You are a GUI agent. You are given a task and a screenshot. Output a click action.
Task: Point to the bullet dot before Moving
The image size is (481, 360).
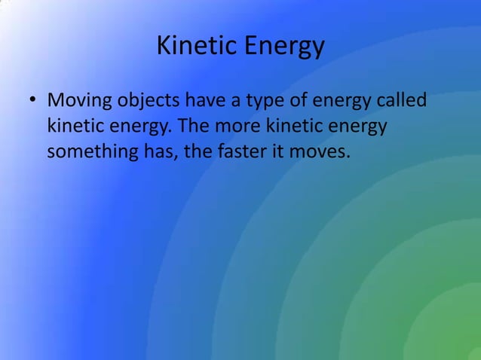tap(33, 100)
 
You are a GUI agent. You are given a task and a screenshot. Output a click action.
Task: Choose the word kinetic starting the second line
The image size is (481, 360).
tap(70, 126)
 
